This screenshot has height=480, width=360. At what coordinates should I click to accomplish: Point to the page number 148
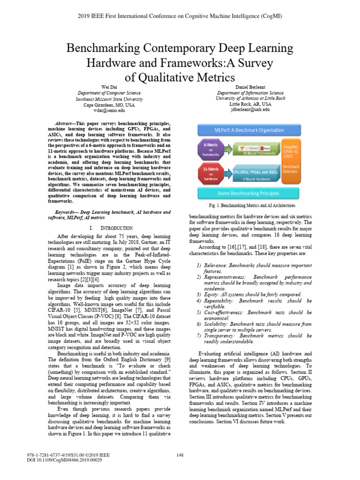180,455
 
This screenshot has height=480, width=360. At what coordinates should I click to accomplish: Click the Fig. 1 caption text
252,205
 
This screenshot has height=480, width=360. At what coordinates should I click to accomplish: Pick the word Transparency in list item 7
220,336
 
